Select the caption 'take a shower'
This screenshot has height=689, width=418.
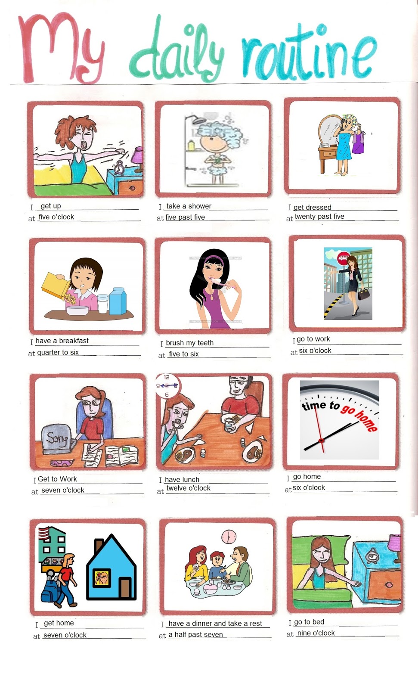pos(189,206)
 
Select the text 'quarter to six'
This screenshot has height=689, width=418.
pos(58,352)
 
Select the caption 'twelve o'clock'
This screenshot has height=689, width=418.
pos(188,488)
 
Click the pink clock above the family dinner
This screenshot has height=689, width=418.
pos(229,537)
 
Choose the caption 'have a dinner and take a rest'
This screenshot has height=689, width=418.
pos(215,624)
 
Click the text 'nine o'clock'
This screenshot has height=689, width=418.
pos(316,633)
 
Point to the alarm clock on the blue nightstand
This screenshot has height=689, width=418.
pos(371,556)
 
